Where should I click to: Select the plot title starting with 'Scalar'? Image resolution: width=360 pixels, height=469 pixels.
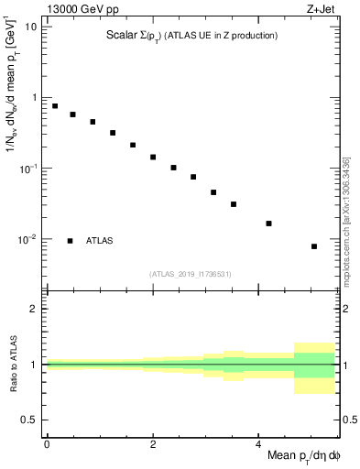[191, 36]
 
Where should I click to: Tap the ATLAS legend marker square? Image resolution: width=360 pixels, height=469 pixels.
[71, 241]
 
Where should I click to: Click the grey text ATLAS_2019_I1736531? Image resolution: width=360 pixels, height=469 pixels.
[191, 274]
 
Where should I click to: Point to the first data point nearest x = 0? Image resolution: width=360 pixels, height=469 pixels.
[55, 106]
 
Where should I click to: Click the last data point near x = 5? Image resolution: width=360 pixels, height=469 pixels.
[314, 246]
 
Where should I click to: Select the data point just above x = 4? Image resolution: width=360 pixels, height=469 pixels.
[268, 224]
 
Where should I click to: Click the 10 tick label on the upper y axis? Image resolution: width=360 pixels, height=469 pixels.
[31, 27]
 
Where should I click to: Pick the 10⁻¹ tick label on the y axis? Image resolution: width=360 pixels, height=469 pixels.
[28, 169]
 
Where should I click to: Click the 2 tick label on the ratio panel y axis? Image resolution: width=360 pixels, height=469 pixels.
[34, 309]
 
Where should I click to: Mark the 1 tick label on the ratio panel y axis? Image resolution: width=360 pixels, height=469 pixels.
[34, 365]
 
